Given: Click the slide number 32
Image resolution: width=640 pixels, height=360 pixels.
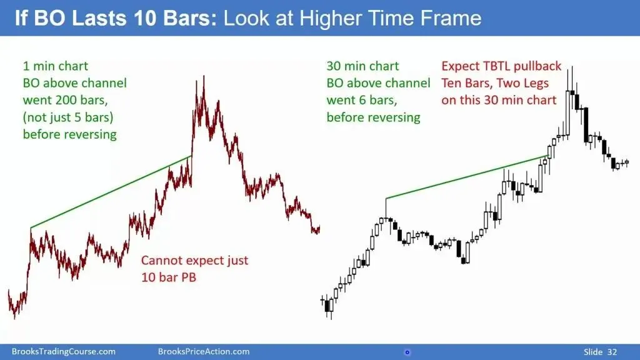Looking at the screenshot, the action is click(x=612, y=352).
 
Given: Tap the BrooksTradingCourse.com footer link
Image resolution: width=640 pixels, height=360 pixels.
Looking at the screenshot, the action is click(x=63, y=352).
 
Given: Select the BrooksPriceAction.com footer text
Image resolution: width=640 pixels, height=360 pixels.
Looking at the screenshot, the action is click(x=204, y=352).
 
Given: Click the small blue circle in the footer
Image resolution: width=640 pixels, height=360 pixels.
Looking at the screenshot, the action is click(x=407, y=352).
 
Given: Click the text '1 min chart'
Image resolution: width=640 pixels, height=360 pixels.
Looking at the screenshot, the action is click(x=56, y=66).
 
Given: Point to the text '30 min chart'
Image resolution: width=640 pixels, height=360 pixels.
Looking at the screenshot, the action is click(x=362, y=66).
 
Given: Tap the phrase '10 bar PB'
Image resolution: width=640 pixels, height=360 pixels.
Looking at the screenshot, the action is click(x=169, y=277).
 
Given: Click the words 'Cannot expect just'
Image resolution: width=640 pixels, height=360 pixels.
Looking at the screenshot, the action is click(x=195, y=261).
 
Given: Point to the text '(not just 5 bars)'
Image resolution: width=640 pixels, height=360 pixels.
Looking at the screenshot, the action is click(x=67, y=117).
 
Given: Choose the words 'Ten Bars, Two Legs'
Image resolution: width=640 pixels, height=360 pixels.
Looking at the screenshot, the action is click(x=495, y=83).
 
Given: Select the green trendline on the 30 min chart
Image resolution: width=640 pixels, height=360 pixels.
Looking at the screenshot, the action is click(x=467, y=177).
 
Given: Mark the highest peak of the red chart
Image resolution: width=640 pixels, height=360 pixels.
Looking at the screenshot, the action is click(x=204, y=76).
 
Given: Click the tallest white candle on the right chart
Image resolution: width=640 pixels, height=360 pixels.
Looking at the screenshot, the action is click(x=567, y=112).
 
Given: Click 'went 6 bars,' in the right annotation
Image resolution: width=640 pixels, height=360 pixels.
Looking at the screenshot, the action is click(x=362, y=101).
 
